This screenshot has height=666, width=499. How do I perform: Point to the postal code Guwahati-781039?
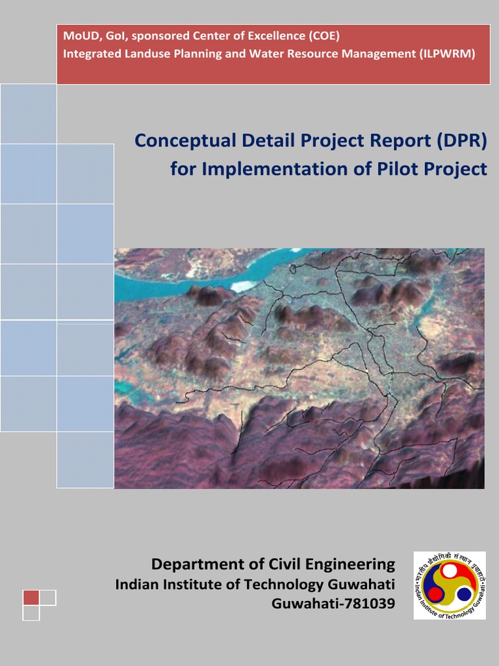(333, 604)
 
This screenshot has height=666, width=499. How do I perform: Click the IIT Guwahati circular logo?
(449, 585)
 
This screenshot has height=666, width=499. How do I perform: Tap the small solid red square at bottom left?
(31, 598)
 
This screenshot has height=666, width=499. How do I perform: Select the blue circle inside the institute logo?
(464, 594)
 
